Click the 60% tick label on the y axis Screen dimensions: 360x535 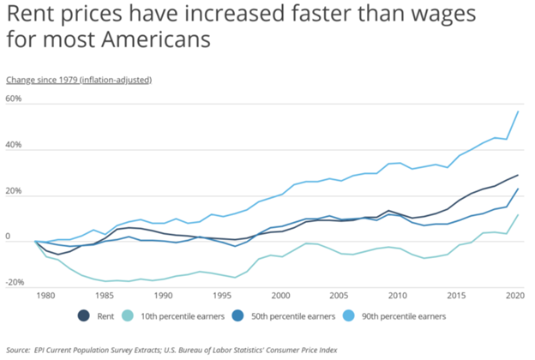point(15,99)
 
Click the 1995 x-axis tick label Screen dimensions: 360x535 point(221,295)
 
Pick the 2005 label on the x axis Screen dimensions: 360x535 point(339,295)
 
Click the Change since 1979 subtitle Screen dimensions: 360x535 point(79,80)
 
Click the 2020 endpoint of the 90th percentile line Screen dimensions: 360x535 point(518,111)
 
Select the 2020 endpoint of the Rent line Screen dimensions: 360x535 point(518,175)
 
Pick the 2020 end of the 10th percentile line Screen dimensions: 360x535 point(518,214)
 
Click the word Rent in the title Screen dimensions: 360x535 point(28,15)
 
